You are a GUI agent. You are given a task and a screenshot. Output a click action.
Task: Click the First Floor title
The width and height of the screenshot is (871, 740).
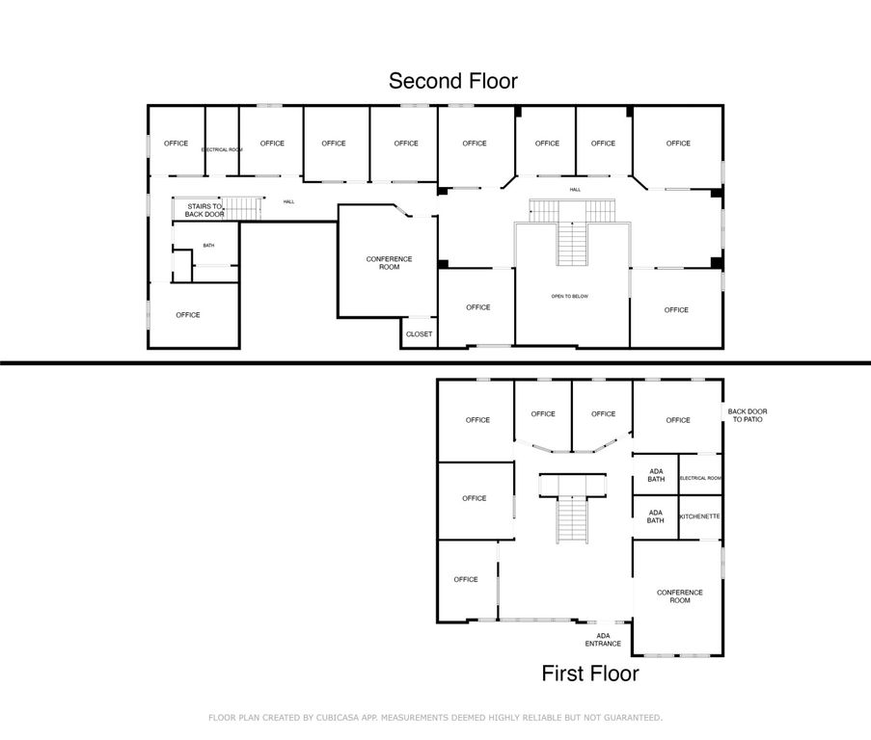click(589, 674)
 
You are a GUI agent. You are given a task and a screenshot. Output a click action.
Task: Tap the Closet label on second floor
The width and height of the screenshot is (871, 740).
click(420, 334)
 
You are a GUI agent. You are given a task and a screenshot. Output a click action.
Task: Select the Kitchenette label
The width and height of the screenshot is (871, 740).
click(700, 516)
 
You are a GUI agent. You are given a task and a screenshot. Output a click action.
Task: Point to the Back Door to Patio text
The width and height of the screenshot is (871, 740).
click(748, 416)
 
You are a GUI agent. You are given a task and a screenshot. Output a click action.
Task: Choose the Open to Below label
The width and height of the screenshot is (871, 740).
click(569, 296)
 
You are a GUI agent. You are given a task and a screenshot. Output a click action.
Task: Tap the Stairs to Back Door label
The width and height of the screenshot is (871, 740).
click(204, 210)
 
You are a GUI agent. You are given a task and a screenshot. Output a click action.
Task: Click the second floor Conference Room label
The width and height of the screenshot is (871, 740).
click(389, 262)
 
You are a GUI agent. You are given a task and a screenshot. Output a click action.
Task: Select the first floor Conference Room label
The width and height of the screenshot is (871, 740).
click(680, 596)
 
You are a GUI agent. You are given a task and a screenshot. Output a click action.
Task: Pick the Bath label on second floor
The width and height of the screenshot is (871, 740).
click(208, 246)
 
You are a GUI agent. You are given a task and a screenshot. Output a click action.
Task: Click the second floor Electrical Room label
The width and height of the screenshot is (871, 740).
click(222, 150)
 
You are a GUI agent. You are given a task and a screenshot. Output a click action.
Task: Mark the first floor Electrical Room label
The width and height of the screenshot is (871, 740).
click(700, 479)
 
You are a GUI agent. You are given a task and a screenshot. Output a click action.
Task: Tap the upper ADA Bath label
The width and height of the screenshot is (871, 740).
click(656, 474)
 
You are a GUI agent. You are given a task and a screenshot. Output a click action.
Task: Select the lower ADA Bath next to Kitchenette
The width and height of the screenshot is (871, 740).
click(656, 516)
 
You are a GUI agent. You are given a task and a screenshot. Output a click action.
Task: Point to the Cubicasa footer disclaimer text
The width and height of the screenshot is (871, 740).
click(435, 718)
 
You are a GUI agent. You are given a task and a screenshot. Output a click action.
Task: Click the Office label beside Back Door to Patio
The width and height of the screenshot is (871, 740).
click(678, 420)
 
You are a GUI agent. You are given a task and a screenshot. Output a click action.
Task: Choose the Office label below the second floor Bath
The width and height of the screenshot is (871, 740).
click(188, 315)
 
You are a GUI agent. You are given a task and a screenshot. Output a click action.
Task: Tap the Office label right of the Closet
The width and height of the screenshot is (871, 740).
click(478, 307)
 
